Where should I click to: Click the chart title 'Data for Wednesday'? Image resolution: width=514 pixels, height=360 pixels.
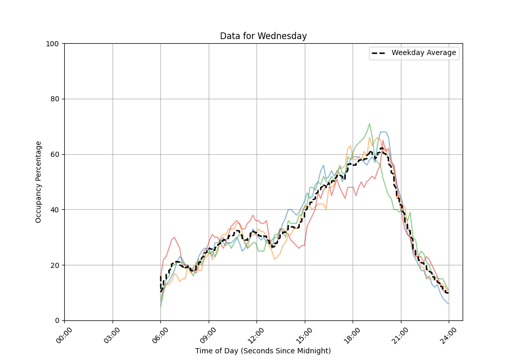pyautogui.click(x=263, y=36)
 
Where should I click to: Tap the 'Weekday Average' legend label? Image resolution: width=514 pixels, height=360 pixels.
pyautogui.click(x=424, y=53)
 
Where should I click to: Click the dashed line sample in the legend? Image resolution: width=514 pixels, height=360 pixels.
pyautogui.click(x=379, y=53)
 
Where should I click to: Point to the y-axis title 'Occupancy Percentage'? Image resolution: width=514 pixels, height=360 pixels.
pyautogui.click(x=39, y=182)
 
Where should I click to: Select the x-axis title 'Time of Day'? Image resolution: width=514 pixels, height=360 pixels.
pyautogui.click(x=263, y=351)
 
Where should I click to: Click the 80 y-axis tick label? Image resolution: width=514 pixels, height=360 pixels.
pyautogui.click(x=55, y=99)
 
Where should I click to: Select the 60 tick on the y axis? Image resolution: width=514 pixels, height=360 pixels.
pyautogui.click(x=55, y=154)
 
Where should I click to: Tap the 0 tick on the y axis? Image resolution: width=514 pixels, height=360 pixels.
pyautogui.click(x=57, y=320)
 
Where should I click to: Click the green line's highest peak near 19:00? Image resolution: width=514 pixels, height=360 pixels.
pyautogui.click(x=370, y=123)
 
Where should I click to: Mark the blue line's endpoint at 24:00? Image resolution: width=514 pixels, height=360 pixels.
pyautogui.click(x=449, y=304)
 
